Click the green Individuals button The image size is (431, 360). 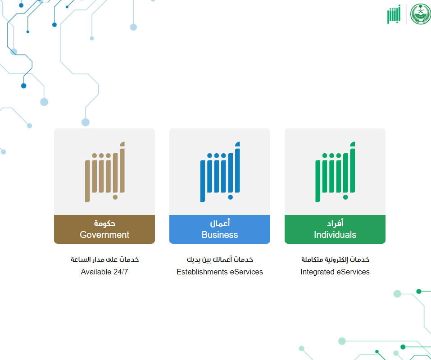tap(335, 229)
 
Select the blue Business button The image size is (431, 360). tap(220, 229)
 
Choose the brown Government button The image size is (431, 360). tap(104, 229)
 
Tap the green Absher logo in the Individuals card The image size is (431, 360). tap(335, 172)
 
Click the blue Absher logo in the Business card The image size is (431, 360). tap(220, 172)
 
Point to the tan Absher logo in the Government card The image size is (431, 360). tap(105, 172)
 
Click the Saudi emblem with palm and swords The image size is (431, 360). tap(420, 14)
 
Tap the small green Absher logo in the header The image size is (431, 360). tap(394, 14)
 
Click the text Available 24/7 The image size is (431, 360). tap(104, 272)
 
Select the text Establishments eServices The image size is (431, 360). tap(220, 272)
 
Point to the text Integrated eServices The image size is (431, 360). tap(335, 272)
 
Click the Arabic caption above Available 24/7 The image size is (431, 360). tap(104, 260)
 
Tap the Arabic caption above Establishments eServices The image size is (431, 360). tap(220, 260)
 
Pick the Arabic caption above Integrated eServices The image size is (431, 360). tap(335, 260)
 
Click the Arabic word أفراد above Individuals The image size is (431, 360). tap(335, 223)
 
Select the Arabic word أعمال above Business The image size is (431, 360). tap(220, 223)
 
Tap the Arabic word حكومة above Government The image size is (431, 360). tap(104, 223)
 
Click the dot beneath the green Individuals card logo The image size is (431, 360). tap(345, 197)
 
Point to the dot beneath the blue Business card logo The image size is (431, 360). tap(230, 197)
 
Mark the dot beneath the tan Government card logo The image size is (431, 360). tap(115, 197)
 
